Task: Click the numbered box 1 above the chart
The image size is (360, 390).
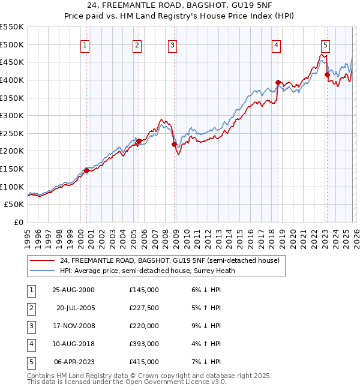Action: [85, 45]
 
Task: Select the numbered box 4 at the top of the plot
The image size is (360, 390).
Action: [276, 45]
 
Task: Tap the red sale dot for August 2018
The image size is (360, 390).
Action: [278, 82]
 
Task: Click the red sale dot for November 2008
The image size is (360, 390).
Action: [175, 144]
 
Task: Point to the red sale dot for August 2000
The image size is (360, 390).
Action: [87, 170]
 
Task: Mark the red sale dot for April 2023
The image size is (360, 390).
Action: [327, 74]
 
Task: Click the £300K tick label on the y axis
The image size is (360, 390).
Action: [12, 115]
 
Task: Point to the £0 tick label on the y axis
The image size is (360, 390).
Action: [19, 222]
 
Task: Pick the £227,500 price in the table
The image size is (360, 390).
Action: [143, 308]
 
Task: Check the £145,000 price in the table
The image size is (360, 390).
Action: [143, 290]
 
